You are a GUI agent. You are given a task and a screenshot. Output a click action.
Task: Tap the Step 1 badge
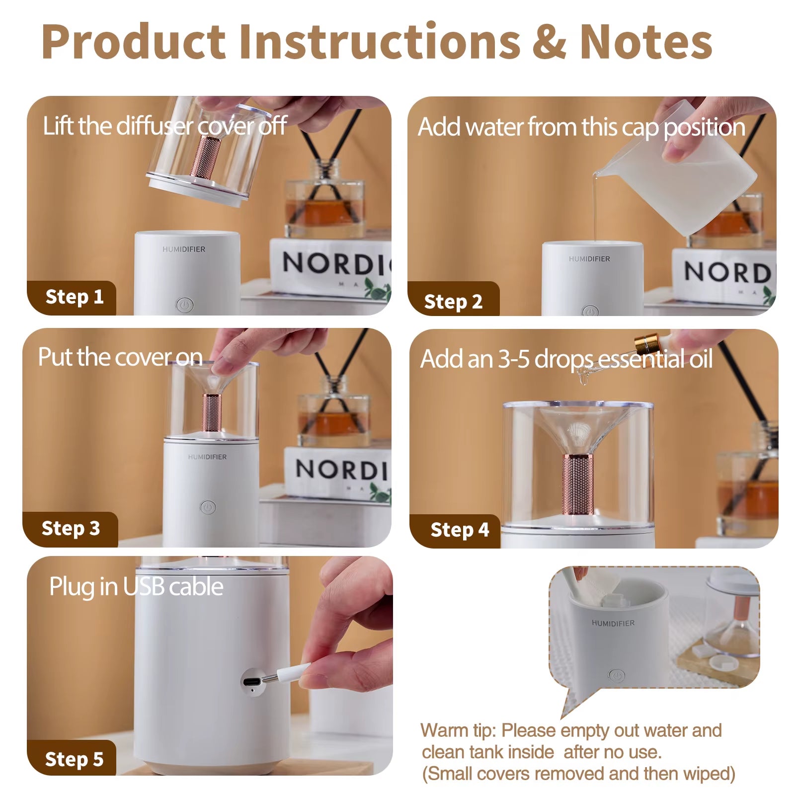[x=74, y=297]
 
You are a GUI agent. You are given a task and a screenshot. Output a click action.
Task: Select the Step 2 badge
[x=453, y=301]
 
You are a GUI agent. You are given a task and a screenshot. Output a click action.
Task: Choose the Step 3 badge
[x=71, y=528]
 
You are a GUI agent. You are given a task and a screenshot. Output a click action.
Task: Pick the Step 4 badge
[x=460, y=530]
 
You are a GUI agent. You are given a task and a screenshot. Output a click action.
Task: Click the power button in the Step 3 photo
[x=208, y=507]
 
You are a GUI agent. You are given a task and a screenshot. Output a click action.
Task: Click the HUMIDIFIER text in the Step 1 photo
[x=183, y=249]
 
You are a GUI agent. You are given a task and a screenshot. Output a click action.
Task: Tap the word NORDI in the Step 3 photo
[x=341, y=469]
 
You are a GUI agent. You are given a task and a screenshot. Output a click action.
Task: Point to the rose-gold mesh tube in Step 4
[x=578, y=483]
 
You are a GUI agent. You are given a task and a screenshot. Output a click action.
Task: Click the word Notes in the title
[x=646, y=42]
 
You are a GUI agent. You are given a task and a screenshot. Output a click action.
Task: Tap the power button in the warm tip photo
[x=616, y=675]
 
